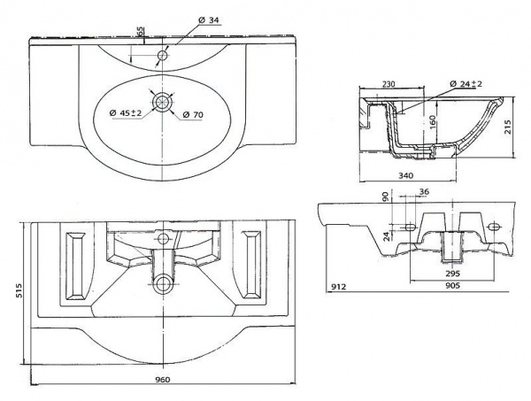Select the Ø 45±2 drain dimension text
tap(126, 112)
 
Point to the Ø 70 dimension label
tap(194, 114)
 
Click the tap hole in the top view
tap(162, 56)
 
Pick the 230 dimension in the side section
tap(388, 84)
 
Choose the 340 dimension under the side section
tap(406, 175)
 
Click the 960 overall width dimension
tap(160, 378)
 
